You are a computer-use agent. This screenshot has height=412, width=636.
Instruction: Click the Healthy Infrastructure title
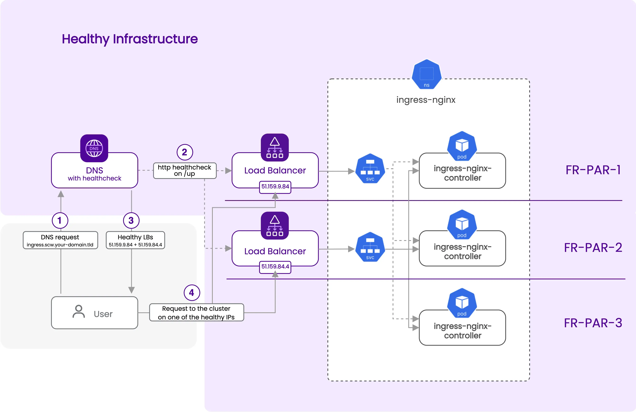pos(130,39)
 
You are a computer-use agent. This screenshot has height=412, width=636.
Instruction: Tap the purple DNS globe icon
pos(94,148)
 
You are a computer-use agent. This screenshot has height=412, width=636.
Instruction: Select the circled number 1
pos(60,221)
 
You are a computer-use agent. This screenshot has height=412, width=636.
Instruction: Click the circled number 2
pos(185,152)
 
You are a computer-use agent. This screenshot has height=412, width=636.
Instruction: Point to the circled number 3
pos(131,221)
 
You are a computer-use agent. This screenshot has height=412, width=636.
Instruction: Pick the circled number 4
pos(192,293)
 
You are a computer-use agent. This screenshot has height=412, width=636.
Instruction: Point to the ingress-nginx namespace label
pos(426,100)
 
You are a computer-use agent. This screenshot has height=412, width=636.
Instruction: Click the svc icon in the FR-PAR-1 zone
pos(370,168)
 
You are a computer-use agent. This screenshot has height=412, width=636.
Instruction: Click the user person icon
pos(79,312)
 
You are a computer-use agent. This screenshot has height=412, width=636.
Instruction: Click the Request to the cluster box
pos(196,312)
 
